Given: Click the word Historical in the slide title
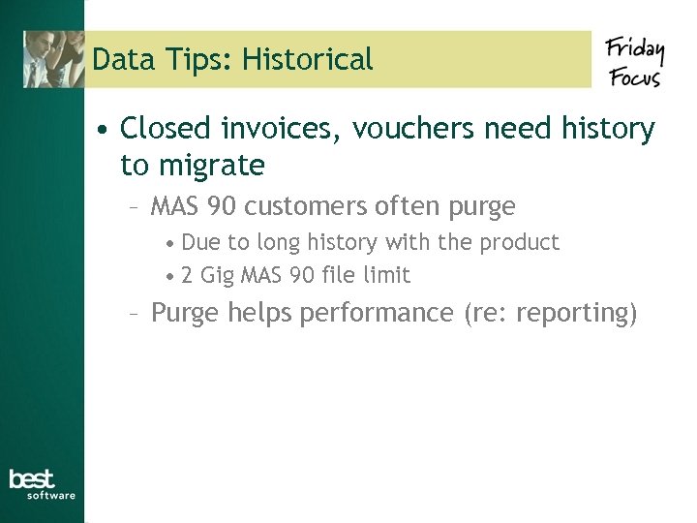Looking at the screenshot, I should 307,60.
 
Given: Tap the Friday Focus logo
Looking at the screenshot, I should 633,61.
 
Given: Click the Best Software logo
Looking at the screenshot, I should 41,484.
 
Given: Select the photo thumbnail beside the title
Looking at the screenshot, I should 54,59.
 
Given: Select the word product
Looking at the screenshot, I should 524,242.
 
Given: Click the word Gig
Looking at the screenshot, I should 218,276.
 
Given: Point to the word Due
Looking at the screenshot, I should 200,242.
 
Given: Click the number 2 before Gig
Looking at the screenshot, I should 187,276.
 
